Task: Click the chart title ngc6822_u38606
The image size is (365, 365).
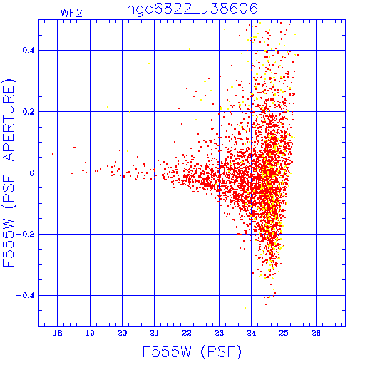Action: [192, 9]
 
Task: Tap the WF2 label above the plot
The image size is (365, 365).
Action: [71, 13]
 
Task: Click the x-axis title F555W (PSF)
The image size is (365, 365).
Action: [192, 352]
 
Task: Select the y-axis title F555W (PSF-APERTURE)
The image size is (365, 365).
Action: [9, 173]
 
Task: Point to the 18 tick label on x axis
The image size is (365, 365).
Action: [58, 333]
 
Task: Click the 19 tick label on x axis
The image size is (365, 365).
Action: [90, 333]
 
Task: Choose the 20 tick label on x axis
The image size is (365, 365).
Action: [122, 333]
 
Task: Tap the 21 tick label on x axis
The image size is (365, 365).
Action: [154, 333]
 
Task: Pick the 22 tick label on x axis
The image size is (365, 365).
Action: [187, 333]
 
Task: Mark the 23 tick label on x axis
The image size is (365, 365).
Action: [219, 333]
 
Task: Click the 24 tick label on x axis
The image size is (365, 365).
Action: [252, 333]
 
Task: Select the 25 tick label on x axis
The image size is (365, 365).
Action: [284, 333]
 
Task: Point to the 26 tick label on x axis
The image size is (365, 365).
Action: [316, 333]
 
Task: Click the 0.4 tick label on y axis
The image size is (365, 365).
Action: [29, 51]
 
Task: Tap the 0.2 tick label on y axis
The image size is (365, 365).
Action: [29, 112]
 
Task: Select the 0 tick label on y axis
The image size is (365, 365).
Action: [32, 173]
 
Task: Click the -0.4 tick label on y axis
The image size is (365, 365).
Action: [25, 296]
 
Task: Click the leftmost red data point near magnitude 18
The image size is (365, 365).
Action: [53, 154]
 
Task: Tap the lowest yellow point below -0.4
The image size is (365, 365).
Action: [245, 308]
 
